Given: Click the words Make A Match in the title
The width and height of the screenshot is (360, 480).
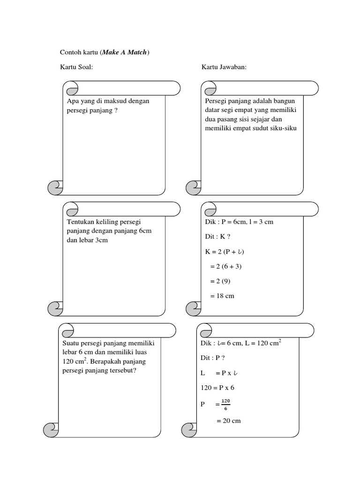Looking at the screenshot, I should [124, 52].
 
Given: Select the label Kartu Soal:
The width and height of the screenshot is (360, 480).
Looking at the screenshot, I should [76, 67].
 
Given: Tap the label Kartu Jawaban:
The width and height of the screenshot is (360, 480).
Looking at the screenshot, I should [224, 67].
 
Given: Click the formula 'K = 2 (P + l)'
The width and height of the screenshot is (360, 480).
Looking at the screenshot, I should [225, 251].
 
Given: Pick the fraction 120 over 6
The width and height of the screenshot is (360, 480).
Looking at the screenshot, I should [226, 405].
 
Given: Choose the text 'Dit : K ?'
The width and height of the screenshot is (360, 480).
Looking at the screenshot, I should [218, 237].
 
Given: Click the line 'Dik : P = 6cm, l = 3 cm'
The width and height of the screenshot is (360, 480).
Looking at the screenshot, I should [239, 222].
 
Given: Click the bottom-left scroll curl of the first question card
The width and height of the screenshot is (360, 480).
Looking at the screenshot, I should [54, 187].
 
